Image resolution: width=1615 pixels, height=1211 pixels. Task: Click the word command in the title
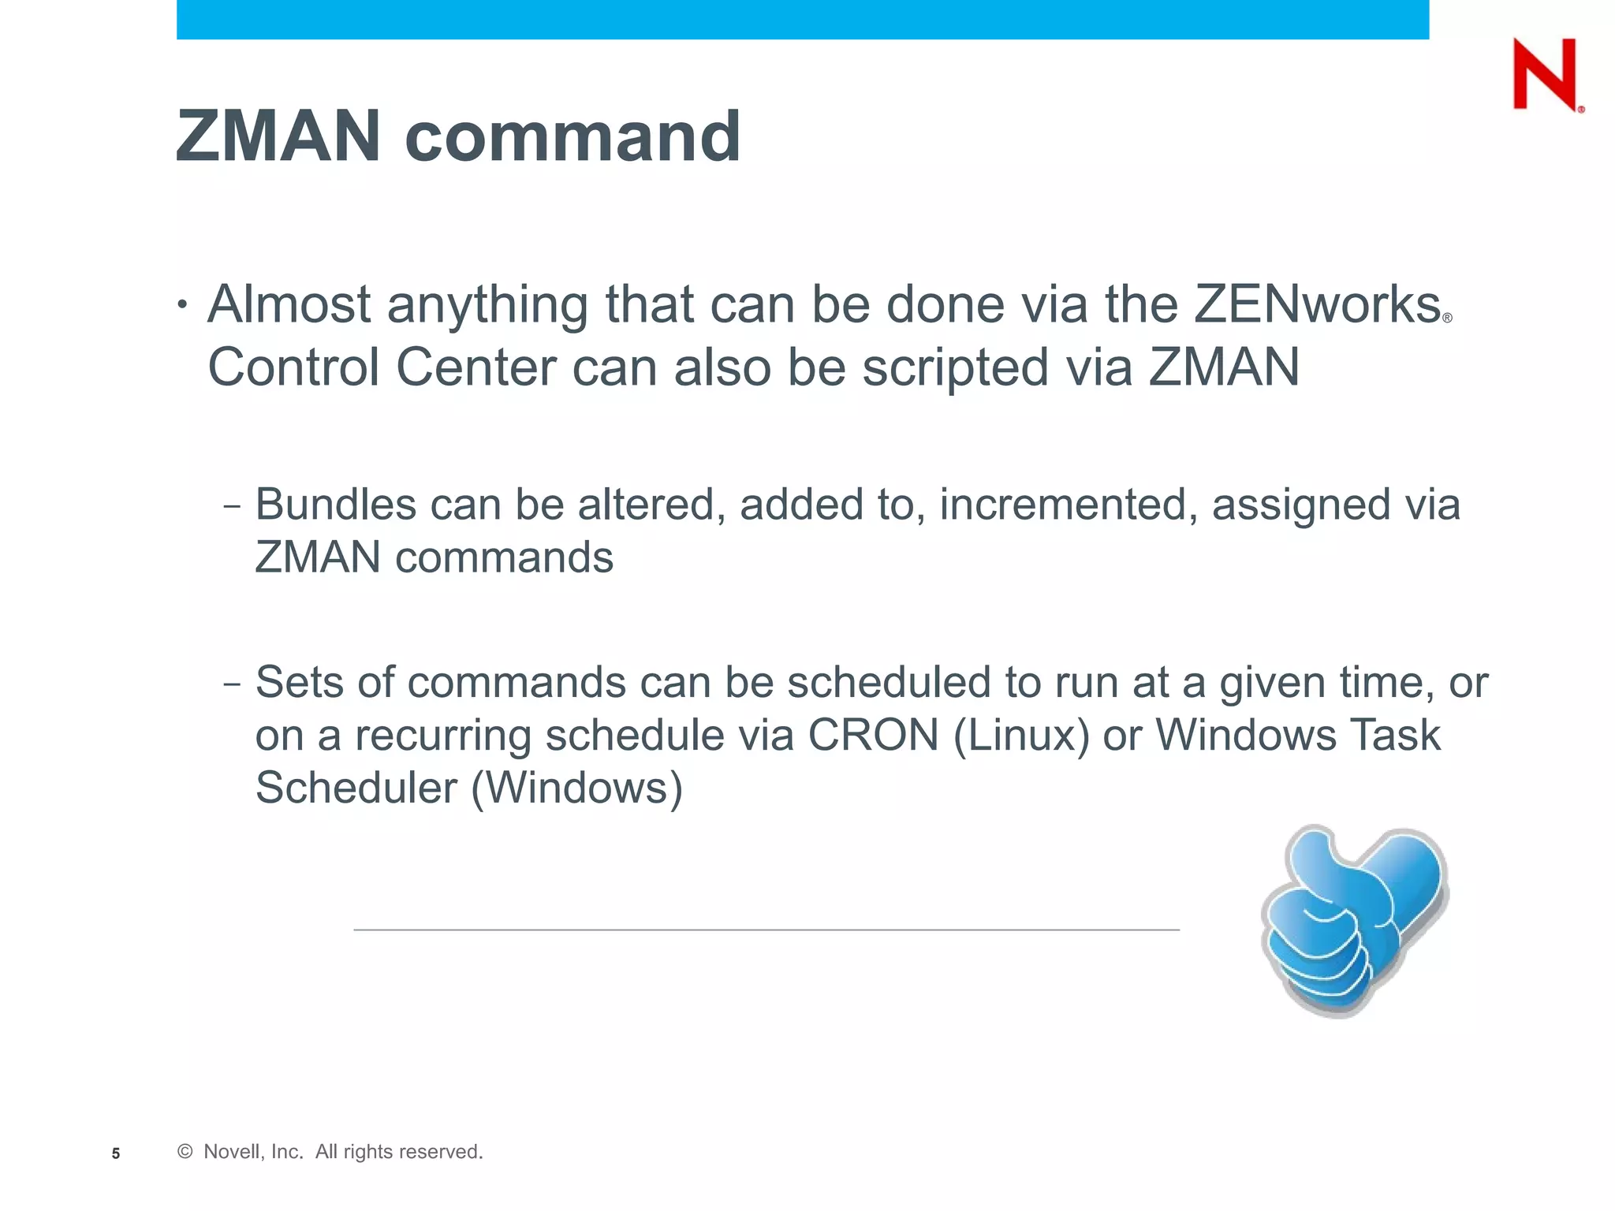coord(573,136)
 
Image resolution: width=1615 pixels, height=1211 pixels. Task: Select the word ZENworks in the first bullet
coord(1317,304)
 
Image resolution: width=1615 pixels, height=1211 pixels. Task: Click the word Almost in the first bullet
coord(289,304)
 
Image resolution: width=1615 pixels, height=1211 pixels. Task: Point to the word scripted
coord(956,368)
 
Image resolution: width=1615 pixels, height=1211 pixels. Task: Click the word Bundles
coord(336,505)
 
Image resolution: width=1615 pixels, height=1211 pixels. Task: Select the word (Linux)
coord(1021,736)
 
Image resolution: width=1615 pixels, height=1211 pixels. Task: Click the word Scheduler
coord(356,788)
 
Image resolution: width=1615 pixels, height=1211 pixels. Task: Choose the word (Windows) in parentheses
coord(576,788)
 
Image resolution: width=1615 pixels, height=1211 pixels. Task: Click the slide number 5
coord(116,1153)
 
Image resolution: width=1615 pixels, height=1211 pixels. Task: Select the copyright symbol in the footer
coord(185,1152)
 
